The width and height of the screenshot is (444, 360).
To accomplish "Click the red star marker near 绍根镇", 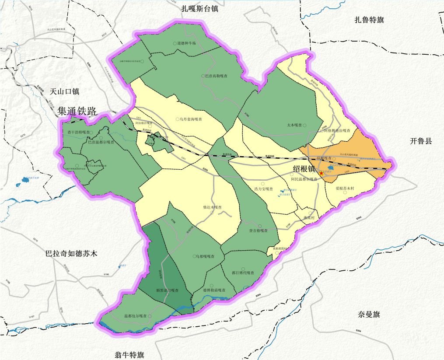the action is coord(322,174).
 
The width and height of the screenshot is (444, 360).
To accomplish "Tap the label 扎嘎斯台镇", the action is coord(199,8).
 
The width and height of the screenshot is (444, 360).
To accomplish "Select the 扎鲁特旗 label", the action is coord(372,19).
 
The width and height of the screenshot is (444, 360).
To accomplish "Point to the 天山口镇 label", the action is coord(64,91).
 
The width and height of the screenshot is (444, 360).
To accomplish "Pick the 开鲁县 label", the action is coord(421,141).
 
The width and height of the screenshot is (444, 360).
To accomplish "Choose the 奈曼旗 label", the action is coord(369,315).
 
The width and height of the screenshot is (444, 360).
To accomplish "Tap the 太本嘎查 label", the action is coord(295,125).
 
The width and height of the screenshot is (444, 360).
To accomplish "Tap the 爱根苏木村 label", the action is coord(347,189).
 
